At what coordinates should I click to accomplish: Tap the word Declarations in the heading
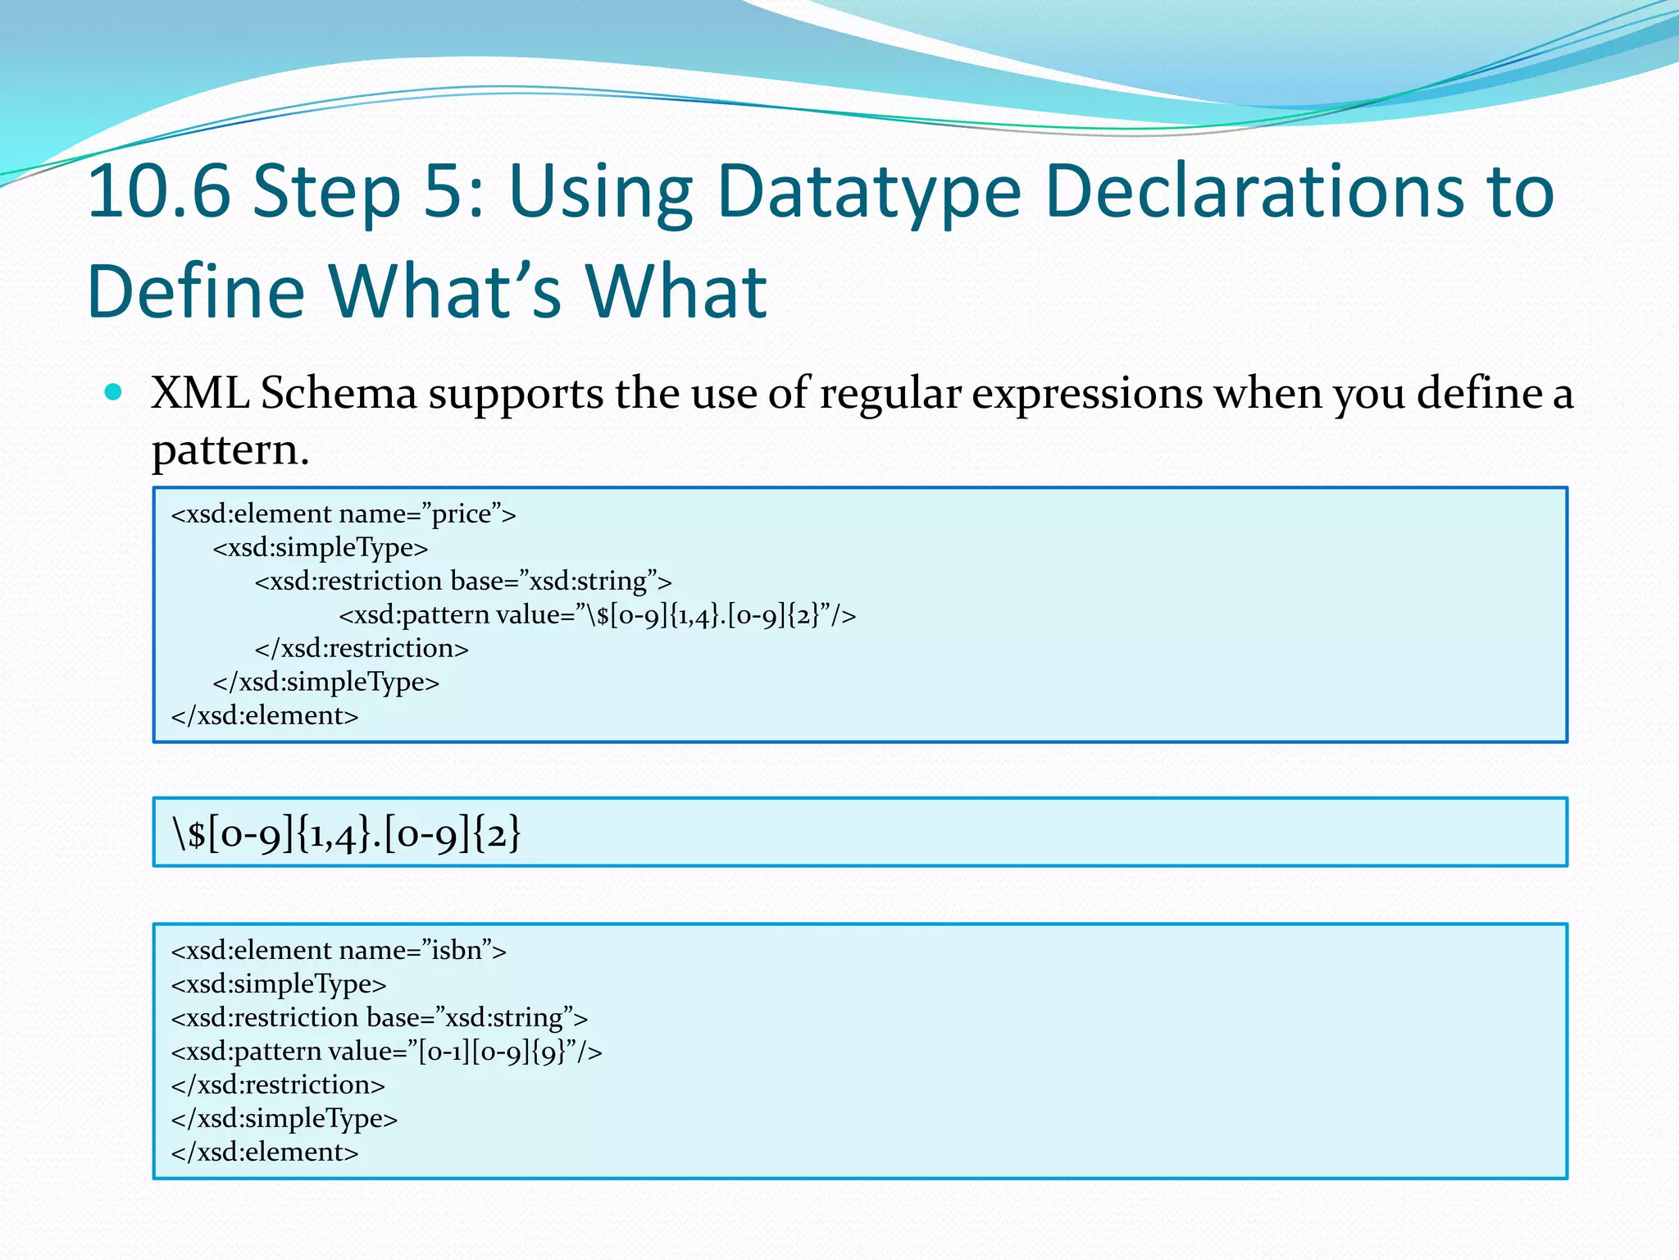click(1254, 192)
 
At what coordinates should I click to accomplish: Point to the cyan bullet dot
click(114, 392)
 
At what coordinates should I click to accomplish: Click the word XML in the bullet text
click(200, 394)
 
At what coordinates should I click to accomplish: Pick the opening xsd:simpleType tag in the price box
click(321, 548)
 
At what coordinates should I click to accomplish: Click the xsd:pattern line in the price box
click(597, 615)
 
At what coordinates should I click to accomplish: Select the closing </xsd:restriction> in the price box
click(362, 649)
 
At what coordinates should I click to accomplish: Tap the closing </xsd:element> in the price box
click(265, 716)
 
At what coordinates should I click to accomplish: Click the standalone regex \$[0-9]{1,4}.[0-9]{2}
click(347, 833)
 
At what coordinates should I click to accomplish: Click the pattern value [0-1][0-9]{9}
click(492, 1052)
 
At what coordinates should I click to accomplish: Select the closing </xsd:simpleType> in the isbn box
click(284, 1119)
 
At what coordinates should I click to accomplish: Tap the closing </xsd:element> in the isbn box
click(265, 1153)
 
